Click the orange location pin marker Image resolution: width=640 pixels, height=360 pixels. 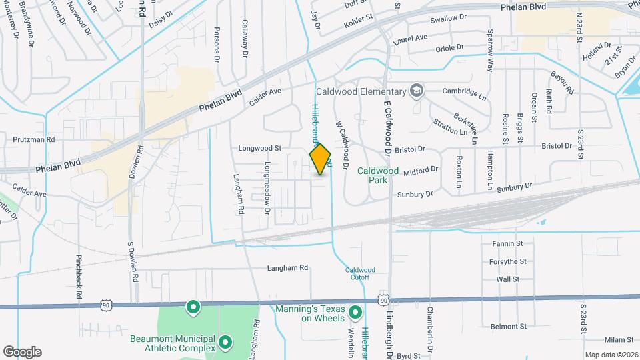pyautogui.click(x=321, y=159)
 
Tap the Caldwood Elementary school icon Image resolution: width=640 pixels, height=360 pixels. pyautogui.click(x=417, y=91)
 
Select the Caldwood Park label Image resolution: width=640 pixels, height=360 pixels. pyautogui.click(x=378, y=175)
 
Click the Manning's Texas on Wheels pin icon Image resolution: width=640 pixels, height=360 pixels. pyautogui.click(x=356, y=311)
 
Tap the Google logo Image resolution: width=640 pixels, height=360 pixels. pyautogui.click(x=22, y=352)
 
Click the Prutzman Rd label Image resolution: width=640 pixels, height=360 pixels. pyautogui.click(x=33, y=140)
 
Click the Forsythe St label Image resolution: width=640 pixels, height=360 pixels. pyautogui.click(x=509, y=261)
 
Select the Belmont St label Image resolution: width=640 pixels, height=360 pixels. pyautogui.click(x=509, y=327)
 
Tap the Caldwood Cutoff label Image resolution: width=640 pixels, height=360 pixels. pyautogui.click(x=361, y=273)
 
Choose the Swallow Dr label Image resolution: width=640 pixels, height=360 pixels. pyautogui.click(x=448, y=19)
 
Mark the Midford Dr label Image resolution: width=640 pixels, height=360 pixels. pyautogui.click(x=420, y=169)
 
